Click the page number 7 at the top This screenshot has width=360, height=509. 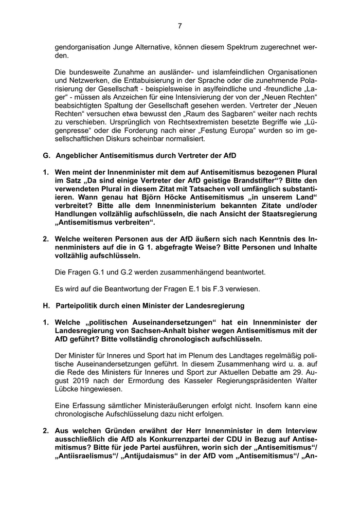pyautogui.click(x=180, y=26)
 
